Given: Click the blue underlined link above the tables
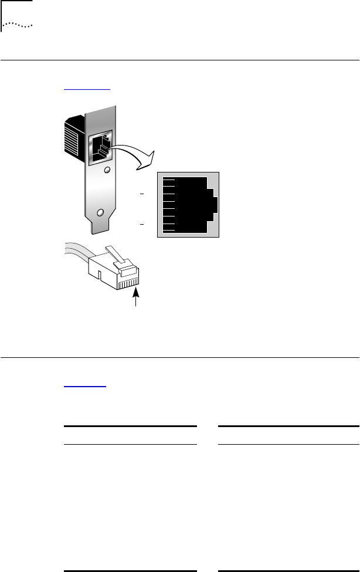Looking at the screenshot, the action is [84, 386].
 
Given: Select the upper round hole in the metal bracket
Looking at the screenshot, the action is [107, 172].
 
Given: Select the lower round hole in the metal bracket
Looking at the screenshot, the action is [101, 212].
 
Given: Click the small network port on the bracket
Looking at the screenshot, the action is [98, 147].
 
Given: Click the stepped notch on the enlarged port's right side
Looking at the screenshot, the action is [213, 205].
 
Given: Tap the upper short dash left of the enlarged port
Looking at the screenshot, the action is [142, 193].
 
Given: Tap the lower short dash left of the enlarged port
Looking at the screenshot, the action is [142, 224].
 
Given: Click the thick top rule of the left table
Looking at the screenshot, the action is [130, 426].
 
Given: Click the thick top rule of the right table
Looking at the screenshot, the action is [288, 426].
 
